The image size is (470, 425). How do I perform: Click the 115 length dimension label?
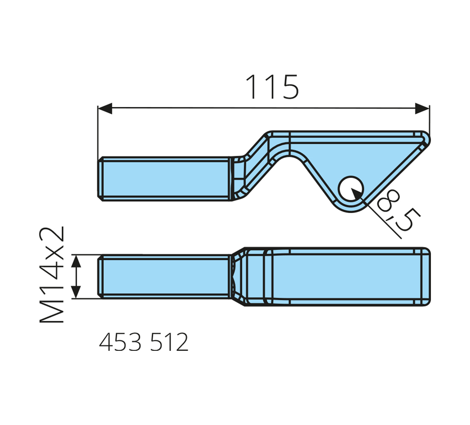pos(272,86)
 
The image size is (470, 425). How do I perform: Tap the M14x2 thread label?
pos(52,274)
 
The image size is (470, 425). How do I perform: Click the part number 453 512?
pos(144,342)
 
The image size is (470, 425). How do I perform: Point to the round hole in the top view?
pos(351,189)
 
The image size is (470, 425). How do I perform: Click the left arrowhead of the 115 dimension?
pos(105,108)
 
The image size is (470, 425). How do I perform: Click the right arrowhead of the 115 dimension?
pos(422,108)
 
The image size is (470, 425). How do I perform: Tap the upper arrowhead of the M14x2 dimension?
pos(76,261)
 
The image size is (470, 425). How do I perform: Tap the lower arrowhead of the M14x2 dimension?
pos(76,292)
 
